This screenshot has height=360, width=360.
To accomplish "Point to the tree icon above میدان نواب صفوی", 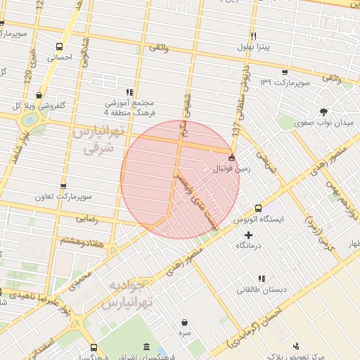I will click(323, 112).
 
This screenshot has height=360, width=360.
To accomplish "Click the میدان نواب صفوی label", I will click(324, 123).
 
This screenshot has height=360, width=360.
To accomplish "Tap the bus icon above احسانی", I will click(60, 47).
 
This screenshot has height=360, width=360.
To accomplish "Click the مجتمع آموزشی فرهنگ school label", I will click(129, 107).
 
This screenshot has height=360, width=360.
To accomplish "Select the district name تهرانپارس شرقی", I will click(98, 140).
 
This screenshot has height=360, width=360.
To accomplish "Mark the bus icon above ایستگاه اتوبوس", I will click(258, 208).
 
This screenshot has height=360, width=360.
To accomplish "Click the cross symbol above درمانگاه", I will click(248, 234).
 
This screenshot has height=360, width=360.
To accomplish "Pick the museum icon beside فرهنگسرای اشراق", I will click(146, 347).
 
